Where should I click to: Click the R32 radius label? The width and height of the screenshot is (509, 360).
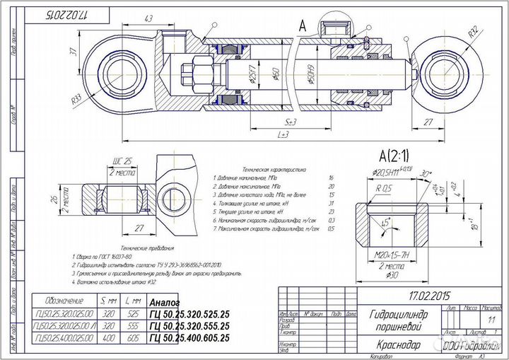point(473,32)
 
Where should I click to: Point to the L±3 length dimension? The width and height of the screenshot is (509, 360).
point(283,134)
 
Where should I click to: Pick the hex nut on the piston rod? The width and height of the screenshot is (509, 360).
point(192,73)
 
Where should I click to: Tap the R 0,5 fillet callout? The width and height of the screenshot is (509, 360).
point(384,189)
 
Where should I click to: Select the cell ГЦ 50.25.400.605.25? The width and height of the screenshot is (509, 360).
point(189,338)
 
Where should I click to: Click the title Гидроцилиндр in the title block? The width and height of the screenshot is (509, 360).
point(398,314)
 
